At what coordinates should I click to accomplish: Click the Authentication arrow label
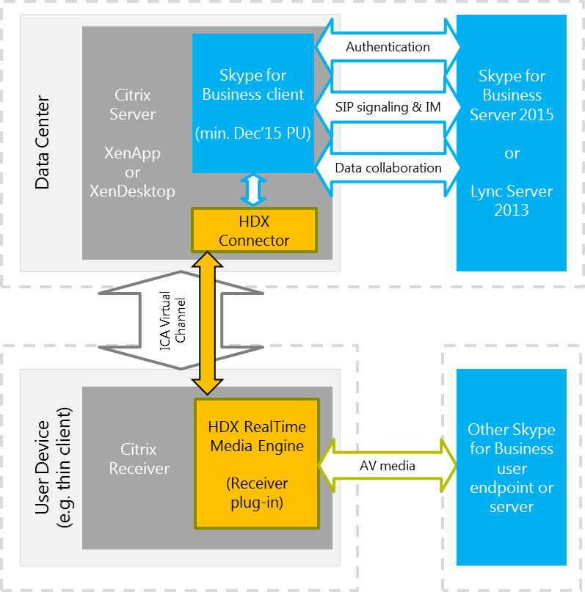pos(388,47)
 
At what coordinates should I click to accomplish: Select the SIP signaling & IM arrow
pos(388,107)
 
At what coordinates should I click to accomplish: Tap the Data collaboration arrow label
pos(388,168)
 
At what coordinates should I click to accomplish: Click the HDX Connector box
pos(254,231)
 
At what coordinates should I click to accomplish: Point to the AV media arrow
pos(387,466)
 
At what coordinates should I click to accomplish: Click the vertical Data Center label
pos(42,142)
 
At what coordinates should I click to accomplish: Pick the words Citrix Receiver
pos(139,458)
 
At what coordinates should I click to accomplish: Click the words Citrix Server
pos(133,104)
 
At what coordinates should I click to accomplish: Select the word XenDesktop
pos(132,191)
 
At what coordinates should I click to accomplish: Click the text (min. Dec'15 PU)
pos(253,134)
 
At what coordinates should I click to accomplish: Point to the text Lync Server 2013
pos(512,201)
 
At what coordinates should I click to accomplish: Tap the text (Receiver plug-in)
pos(257,494)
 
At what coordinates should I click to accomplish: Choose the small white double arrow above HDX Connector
pos(252,190)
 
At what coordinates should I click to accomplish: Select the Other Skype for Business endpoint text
pos(512,468)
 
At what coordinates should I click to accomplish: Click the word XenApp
pos(132,153)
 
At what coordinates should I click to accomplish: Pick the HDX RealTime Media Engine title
pos(257,436)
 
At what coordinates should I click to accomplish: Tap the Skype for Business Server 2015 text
pos(512,95)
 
